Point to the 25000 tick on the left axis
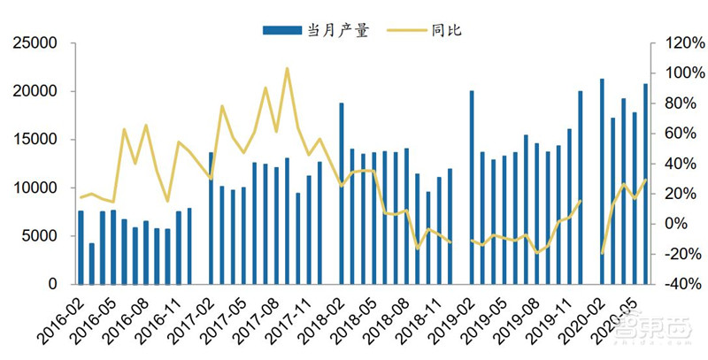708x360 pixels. click(x=39, y=42)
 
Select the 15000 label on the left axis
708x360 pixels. click(x=39, y=140)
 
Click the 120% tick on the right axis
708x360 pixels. click(x=673, y=42)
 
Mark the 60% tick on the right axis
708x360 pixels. click(x=673, y=134)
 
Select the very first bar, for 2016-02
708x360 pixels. click(x=81, y=247)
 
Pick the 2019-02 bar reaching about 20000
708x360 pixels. click(x=472, y=188)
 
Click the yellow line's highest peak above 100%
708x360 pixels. click(x=287, y=68)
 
